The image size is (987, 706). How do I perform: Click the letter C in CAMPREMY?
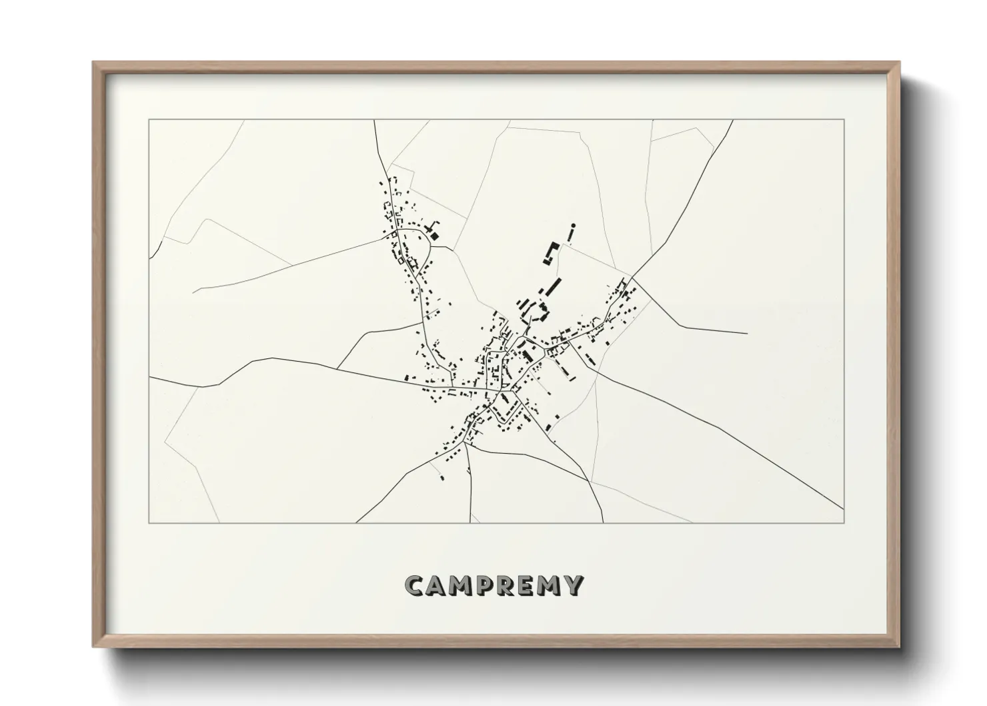click(x=415, y=585)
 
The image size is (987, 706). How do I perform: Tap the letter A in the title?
click(x=437, y=585)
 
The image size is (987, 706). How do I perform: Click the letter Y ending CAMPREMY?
click(x=574, y=585)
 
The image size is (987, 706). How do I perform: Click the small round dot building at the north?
click(x=573, y=226)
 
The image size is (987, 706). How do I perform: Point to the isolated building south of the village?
click(x=441, y=478)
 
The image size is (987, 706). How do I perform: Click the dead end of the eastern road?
click(x=747, y=333)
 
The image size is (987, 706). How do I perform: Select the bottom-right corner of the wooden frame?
click(x=900, y=647)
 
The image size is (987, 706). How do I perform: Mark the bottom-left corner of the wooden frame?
click(x=94, y=647)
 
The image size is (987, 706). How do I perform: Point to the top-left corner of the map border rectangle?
click(x=149, y=119)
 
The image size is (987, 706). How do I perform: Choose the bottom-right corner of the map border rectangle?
click(x=844, y=522)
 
